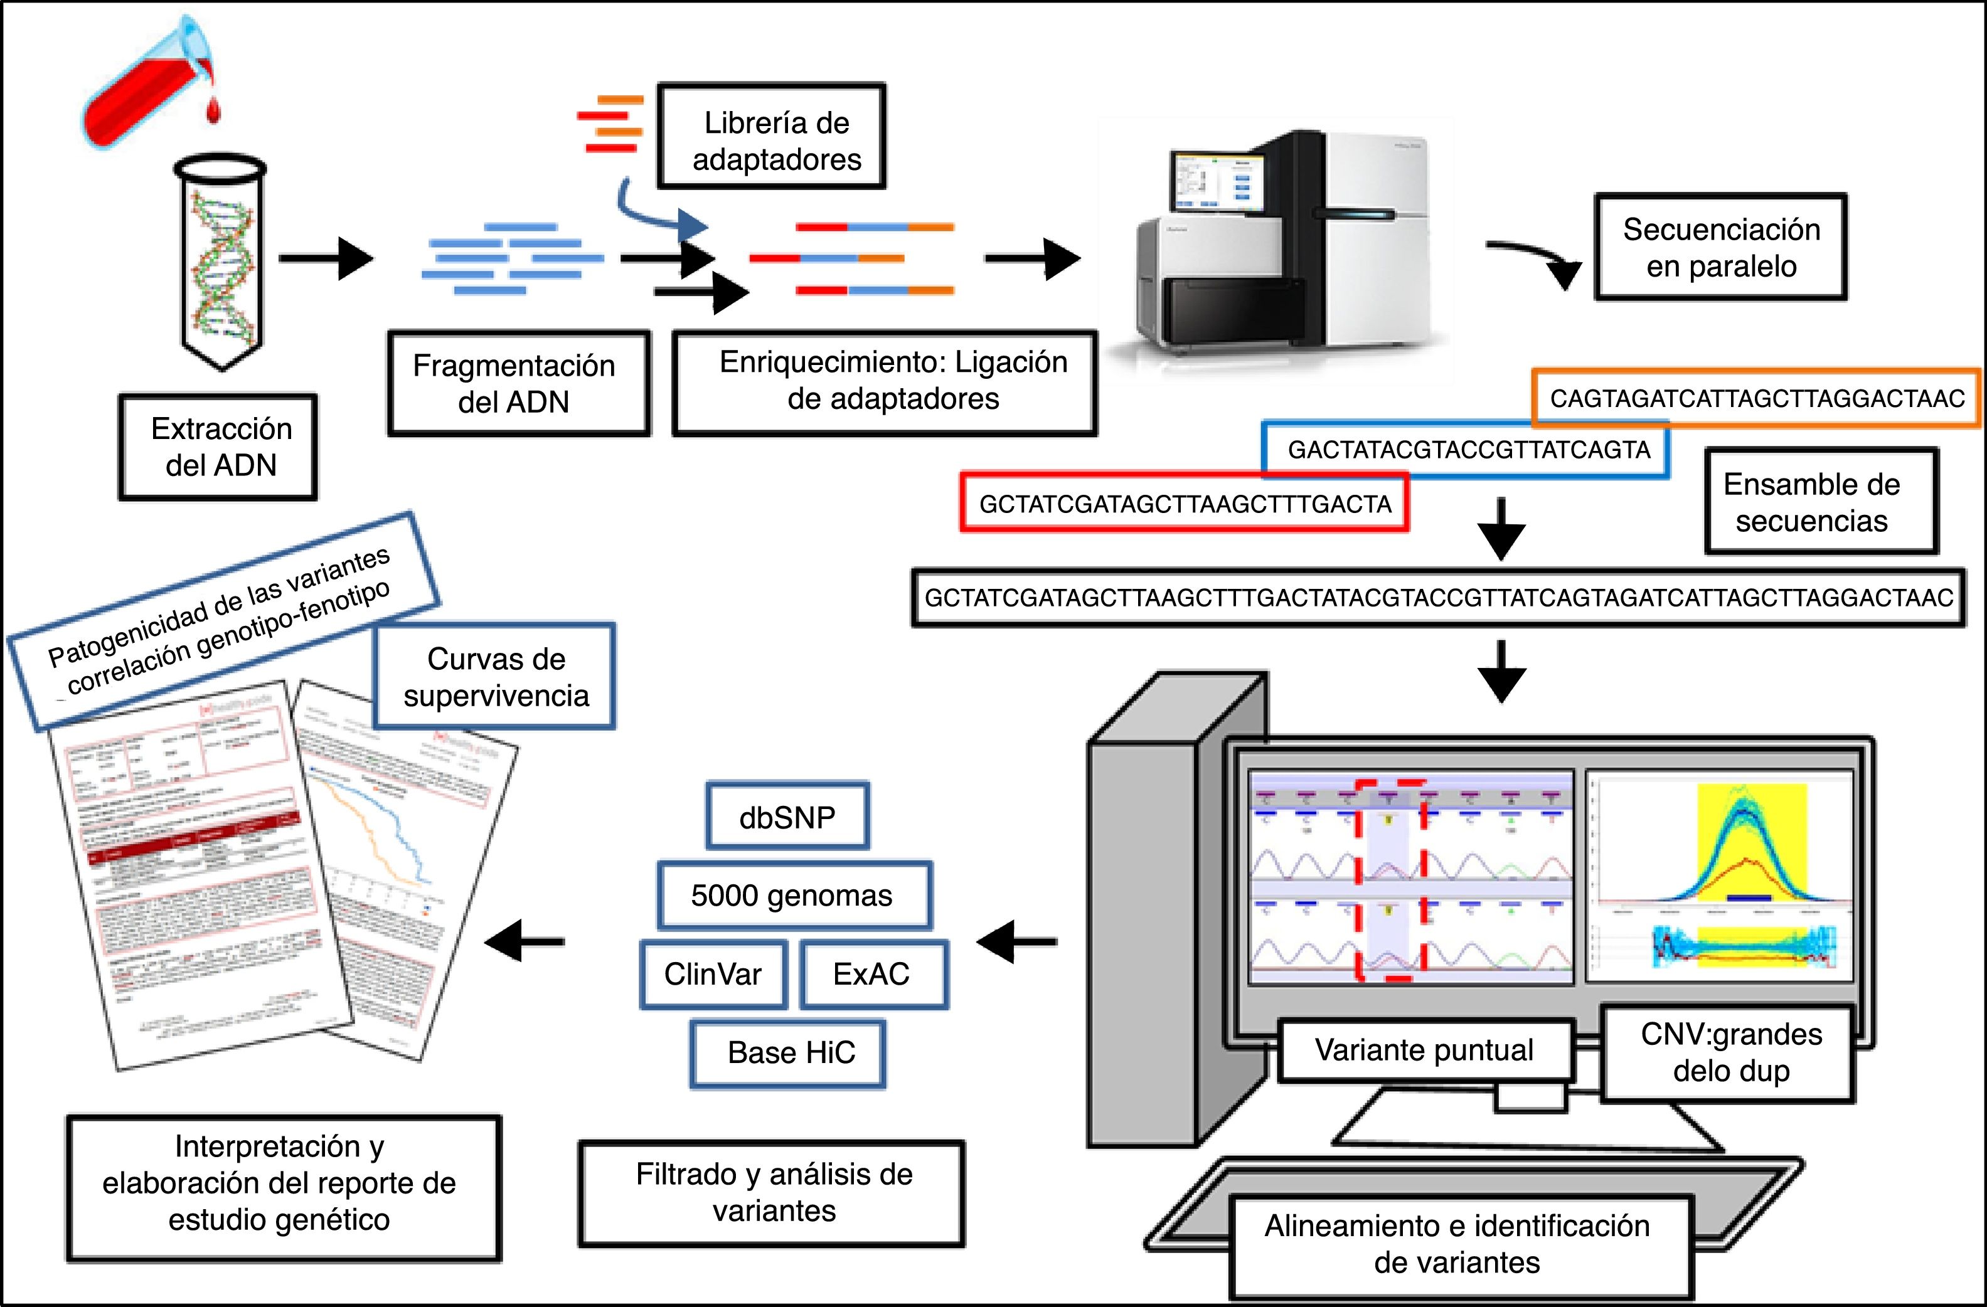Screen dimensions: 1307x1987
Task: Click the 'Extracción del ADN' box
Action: (219, 447)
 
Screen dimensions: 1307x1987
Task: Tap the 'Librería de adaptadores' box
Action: (772, 136)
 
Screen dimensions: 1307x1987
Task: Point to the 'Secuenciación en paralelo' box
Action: (1721, 247)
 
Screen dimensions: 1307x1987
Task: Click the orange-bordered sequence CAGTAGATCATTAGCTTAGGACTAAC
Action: (1757, 399)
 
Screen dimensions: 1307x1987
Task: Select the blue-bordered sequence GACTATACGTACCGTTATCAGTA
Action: (1468, 450)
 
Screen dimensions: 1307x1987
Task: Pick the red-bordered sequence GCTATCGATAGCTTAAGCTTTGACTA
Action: (1185, 503)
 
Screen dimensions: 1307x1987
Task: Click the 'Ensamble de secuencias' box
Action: (1821, 502)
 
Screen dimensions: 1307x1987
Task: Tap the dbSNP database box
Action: (787, 817)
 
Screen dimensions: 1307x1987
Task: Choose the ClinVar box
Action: (713, 974)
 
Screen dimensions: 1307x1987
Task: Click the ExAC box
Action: (873, 974)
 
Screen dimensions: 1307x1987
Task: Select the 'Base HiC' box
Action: (788, 1053)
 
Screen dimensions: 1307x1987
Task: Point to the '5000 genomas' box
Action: (793, 896)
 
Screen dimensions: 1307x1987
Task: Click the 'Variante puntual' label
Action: (1425, 1050)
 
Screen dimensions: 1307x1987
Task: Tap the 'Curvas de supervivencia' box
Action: (496, 677)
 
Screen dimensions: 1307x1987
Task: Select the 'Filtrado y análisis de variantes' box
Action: (772, 1193)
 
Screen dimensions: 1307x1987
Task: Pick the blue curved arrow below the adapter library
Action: (659, 215)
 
